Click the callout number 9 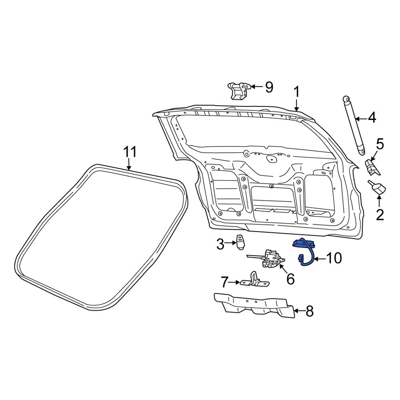(x=268, y=86)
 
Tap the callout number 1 (x=296, y=92)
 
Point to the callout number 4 (x=372, y=118)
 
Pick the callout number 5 (x=380, y=144)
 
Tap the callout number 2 (x=380, y=215)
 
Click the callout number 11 (x=130, y=152)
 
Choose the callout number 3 (x=220, y=244)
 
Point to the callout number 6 (x=290, y=278)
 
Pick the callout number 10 (x=334, y=258)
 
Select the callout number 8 (x=309, y=311)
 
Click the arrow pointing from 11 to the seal (x=129, y=165)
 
